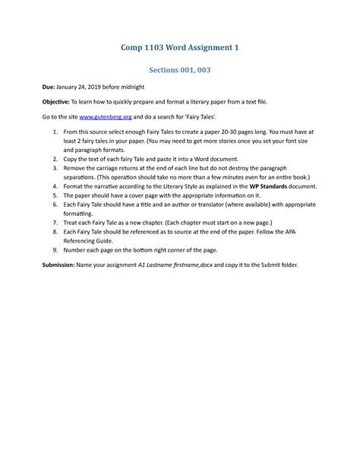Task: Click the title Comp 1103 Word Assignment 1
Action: tap(180, 48)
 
